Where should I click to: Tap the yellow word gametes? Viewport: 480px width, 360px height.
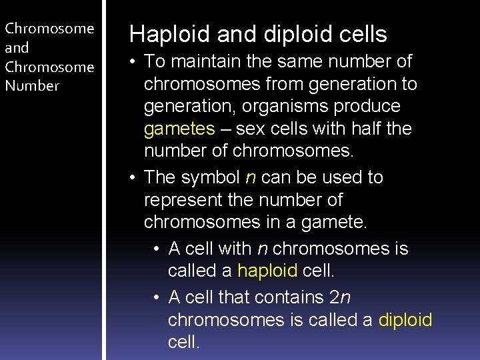[x=179, y=128]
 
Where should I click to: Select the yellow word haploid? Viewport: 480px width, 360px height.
[x=267, y=271]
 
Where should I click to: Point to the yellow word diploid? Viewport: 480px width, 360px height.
[x=405, y=320]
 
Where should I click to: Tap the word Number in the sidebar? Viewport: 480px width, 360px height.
[x=31, y=85]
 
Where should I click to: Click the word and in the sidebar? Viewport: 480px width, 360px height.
[x=17, y=48]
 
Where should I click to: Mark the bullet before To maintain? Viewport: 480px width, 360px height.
[x=134, y=62]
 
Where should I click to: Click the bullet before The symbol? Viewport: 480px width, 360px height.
[x=134, y=178]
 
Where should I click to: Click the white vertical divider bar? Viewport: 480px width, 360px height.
[x=103, y=180]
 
